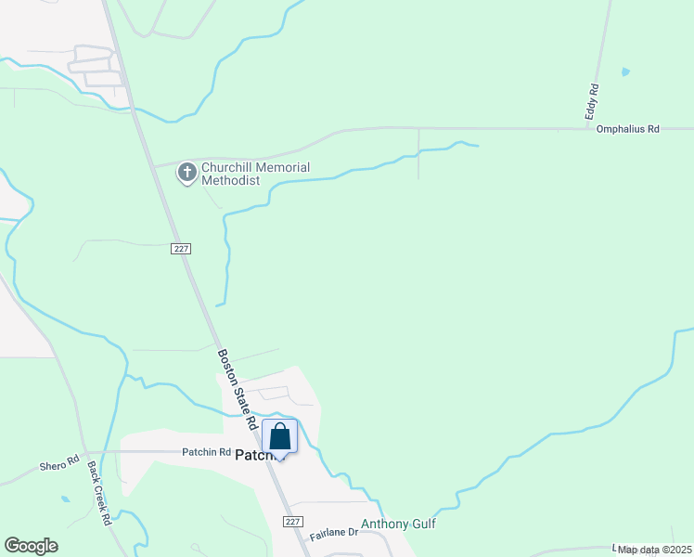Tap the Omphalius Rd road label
(627, 130)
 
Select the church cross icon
(187, 173)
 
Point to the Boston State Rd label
(238, 388)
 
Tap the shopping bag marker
(280, 435)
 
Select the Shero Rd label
(55, 466)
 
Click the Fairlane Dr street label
(335, 533)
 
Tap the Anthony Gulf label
(398, 524)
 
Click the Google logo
(31, 546)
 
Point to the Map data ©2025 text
(653, 550)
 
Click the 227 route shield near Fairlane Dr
(293, 523)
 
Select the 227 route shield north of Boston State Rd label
(182, 249)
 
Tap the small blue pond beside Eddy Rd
(625, 71)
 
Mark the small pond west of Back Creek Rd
(64, 499)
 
